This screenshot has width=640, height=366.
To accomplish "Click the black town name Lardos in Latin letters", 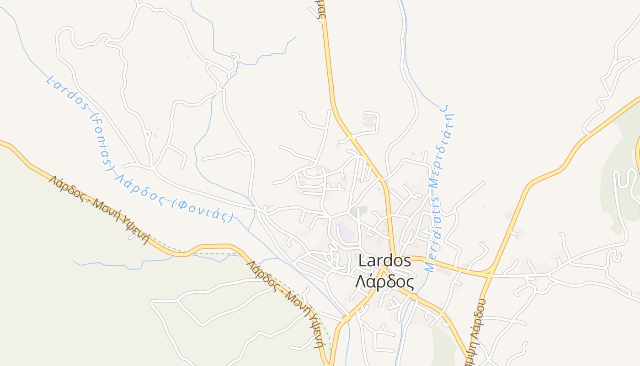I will point(385,261).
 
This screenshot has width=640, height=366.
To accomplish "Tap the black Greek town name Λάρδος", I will point(385,282).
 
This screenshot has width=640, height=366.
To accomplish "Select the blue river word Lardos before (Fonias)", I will point(67,94).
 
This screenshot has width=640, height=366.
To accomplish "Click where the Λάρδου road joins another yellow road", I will point(490,274).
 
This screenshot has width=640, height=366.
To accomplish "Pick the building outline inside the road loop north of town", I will point(368,121).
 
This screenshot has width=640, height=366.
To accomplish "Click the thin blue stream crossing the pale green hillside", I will point(119,264).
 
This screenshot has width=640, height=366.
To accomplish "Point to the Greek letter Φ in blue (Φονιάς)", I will point(181,204).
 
